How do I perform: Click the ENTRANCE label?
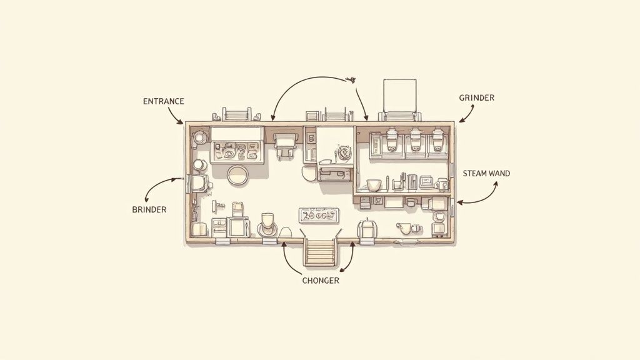(163, 101)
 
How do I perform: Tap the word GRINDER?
(476, 98)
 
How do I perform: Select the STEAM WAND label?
(486, 173)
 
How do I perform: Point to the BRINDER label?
(149, 210)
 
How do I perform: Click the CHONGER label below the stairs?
(321, 281)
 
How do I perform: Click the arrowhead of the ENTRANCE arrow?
(181, 122)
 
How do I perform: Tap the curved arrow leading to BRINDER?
(159, 187)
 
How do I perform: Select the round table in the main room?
(238, 176)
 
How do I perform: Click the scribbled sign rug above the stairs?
(319, 215)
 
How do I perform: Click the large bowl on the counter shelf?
(374, 185)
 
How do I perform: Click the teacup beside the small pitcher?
(403, 227)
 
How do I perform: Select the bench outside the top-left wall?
(236, 115)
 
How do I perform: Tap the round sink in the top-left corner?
(199, 137)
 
